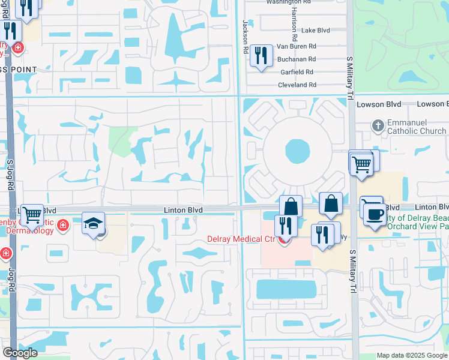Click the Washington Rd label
[283, 2]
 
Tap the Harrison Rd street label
[294, 20]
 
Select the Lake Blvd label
[316, 30]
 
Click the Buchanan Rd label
[296, 59]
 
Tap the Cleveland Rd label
[297, 86]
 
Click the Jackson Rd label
[246, 36]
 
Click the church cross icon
[377, 125]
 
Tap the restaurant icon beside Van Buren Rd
[261, 56]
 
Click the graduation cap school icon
[93, 223]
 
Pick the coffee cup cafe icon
[375, 215]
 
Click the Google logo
[20, 353]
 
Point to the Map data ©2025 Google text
[412, 355]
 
